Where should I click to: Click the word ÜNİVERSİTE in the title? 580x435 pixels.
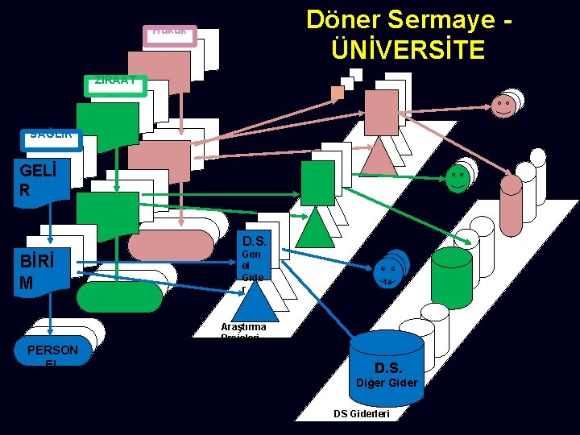tap(408, 49)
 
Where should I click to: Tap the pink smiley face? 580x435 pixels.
tap(503, 106)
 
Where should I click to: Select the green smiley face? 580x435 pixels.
tap(457, 178)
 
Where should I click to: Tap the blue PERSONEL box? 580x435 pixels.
tap(52, 351)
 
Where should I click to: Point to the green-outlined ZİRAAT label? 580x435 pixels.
tap(116, 84)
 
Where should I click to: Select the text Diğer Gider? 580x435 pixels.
tap(387, 383)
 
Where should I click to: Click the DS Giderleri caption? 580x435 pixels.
tap(362, 413)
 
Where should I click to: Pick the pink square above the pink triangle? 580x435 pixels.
tap(381, 112)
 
